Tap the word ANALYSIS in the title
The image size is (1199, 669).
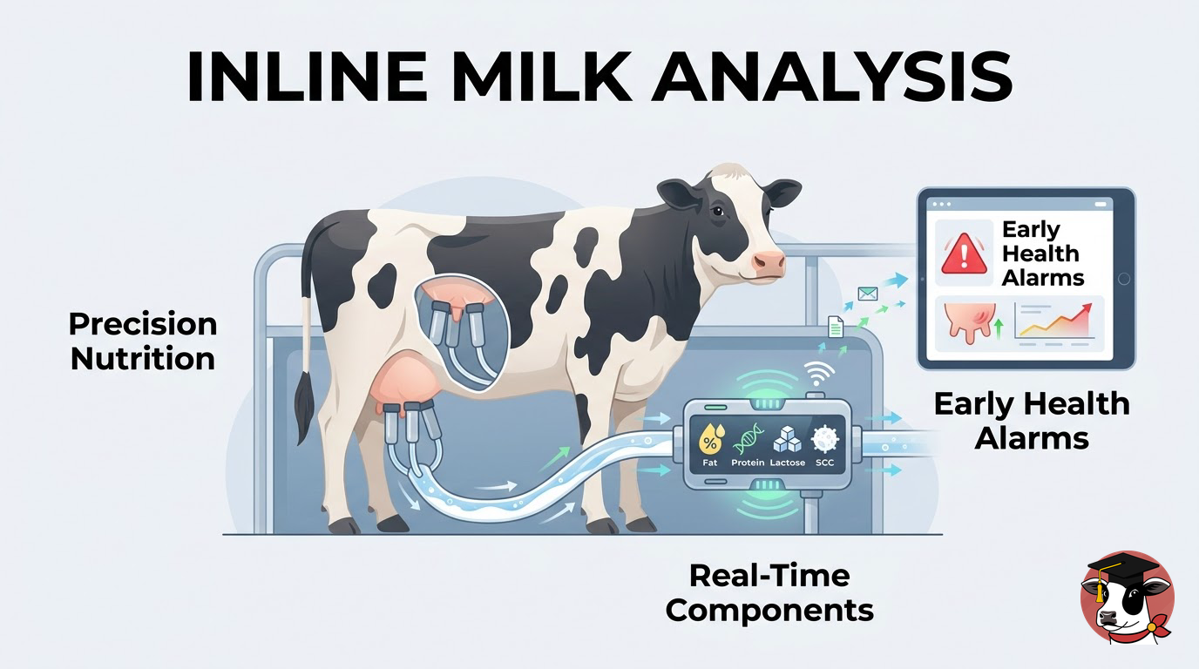pos(831,77)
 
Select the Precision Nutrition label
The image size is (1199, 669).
pos(143,341)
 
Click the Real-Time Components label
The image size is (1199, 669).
pos(769,593)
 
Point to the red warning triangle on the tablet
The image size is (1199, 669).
pos(964,253)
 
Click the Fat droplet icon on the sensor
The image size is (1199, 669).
pos(711,439)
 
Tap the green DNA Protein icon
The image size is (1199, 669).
pos(748,439)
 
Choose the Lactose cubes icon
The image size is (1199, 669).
pos(788,439)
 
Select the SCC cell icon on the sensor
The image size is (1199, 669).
pos(825,439)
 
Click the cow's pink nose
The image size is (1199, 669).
pos(769,262)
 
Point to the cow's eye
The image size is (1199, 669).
pos(718,211)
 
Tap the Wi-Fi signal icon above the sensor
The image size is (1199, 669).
pos(819,373)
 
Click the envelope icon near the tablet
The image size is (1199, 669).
pos(868,294)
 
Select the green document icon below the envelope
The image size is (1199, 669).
pos(836,327)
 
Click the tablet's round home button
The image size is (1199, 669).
pos(1124,278)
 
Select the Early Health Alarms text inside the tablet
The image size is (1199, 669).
pos(1042,253)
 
